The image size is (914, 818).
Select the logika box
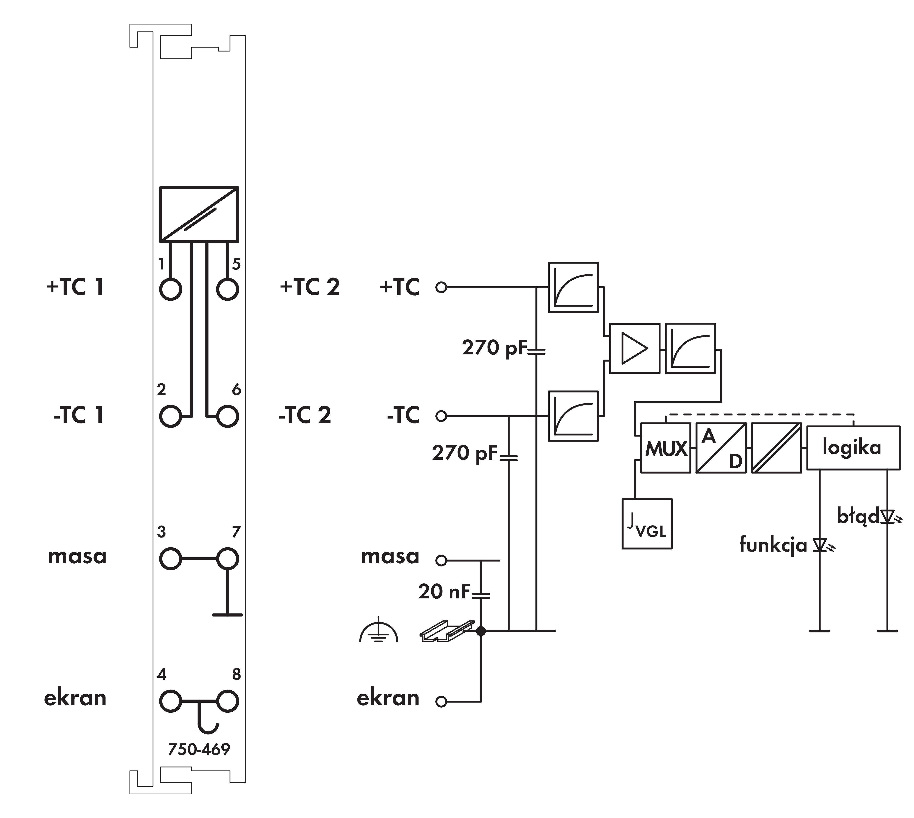coord(853,448)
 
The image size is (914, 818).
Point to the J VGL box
coord(647,524)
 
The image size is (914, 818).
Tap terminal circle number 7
coord(227,559)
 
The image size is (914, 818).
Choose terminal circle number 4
coord(170,701)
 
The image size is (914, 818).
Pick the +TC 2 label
coord(310,287)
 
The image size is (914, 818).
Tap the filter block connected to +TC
coord(573,287)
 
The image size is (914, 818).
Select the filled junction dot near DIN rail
coord(481,631)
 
